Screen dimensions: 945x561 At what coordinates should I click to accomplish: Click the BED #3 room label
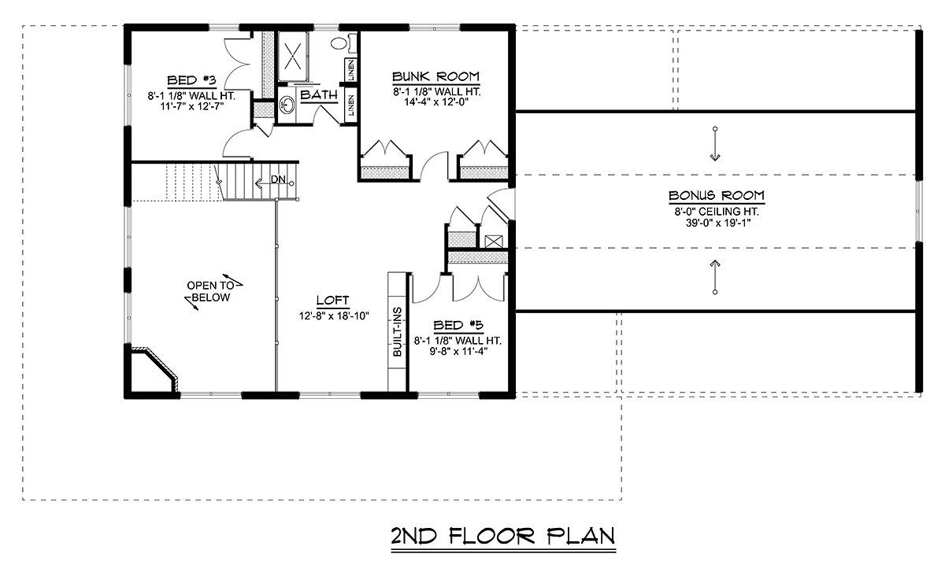pos(191,80)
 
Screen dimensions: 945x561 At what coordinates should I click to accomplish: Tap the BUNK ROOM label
pos(435,76)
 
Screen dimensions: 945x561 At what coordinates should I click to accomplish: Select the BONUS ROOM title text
pos(717,196)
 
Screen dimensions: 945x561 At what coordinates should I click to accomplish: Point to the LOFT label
pos(332,300)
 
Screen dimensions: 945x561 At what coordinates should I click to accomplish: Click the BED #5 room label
pos(458,326)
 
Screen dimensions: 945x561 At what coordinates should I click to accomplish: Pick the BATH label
pos(319,95)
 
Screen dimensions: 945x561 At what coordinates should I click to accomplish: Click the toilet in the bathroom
pos(343,43)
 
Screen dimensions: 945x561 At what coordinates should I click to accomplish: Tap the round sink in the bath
pos(287,105)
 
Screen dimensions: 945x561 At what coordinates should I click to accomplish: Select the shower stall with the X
pos(293,56)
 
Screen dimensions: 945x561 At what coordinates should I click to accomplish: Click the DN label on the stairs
pos(278,179)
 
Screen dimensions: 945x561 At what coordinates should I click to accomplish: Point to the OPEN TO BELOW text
pos(210,292)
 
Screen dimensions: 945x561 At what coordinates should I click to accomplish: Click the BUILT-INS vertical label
pos(398,332)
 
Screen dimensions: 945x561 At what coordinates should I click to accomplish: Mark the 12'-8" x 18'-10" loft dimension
pos(334,316)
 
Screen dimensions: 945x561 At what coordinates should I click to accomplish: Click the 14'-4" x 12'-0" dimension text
pos(436,102)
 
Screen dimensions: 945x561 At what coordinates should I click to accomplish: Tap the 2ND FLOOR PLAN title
pos(503,536)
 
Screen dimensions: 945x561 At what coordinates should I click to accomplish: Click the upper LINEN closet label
pos(351,70)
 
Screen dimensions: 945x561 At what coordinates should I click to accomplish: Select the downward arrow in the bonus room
pos(715,144)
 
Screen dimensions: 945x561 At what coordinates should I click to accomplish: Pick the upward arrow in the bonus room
pos(715,277)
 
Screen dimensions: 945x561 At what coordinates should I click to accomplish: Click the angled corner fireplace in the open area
pos(154,369)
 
